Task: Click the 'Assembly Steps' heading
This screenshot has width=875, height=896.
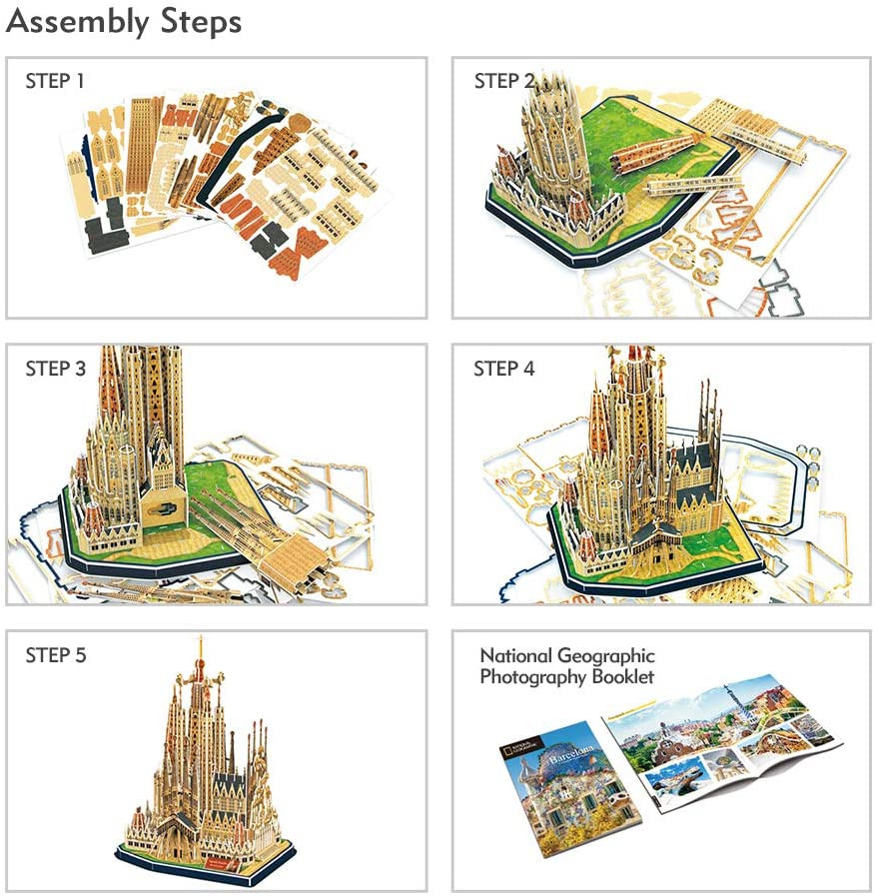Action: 125,21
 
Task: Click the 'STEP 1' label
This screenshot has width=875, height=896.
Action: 55,82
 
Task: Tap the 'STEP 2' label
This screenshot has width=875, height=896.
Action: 504,82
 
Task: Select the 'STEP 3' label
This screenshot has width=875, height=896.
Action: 55,369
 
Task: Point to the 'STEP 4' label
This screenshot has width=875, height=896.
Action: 504,369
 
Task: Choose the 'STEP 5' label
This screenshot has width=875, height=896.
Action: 55,655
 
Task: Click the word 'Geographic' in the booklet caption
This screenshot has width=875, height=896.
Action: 606,656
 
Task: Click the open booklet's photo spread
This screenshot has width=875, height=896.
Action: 724,744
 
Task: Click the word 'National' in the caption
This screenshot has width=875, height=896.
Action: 516,656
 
